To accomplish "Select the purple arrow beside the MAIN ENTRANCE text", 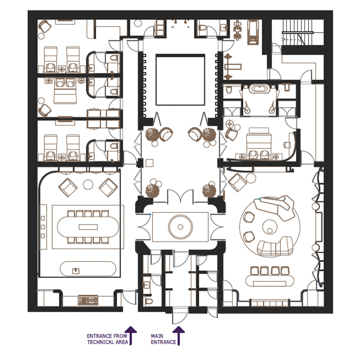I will coord(179,335).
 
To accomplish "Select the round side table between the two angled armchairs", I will coord(88,184).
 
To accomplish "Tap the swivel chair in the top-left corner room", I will coord(44,27).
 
